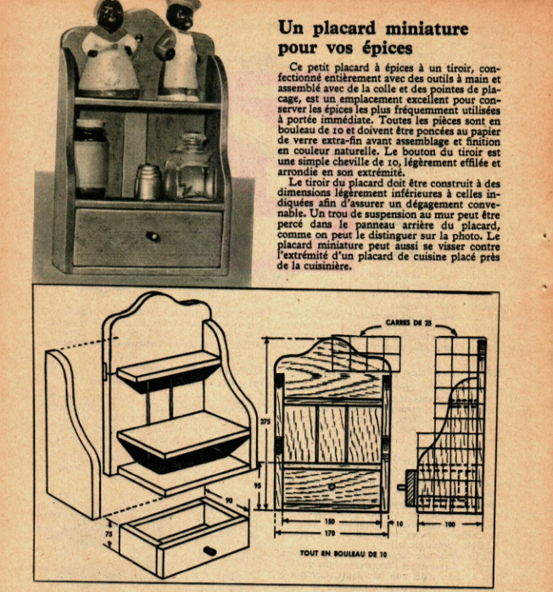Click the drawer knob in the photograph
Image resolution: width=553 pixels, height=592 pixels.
pos(152,236)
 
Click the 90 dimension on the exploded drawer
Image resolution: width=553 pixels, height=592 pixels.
pos(228,501)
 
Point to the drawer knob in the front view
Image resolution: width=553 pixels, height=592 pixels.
pos(331,485)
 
